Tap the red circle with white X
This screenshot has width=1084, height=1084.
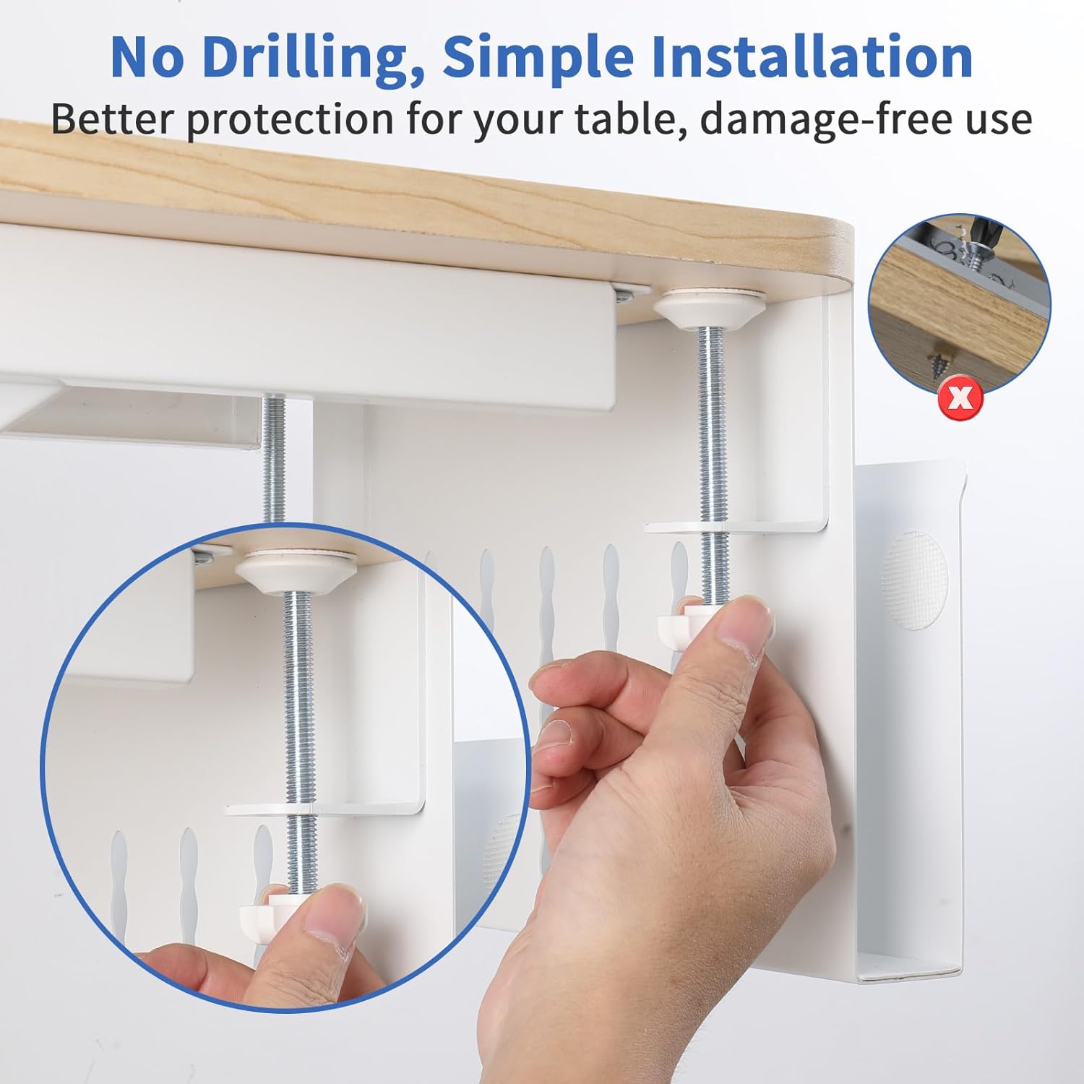(960, 397)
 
